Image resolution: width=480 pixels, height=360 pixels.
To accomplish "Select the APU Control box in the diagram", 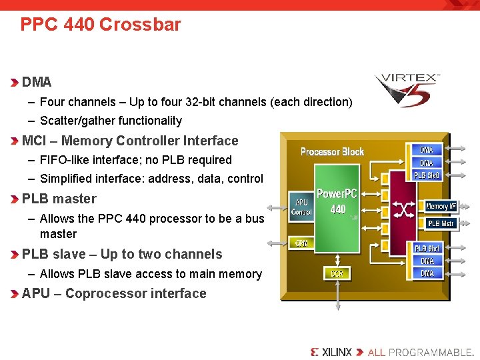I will click(301, 207).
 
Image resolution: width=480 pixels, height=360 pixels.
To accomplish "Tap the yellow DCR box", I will click(337, 273).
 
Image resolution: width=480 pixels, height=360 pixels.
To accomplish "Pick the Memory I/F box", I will click(441, 207).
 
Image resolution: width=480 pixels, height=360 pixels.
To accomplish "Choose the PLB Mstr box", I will click(441, 223).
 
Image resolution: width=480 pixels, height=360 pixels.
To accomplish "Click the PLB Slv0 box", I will click(427, 175).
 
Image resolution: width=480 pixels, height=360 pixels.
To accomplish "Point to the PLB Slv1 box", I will click(427, 249).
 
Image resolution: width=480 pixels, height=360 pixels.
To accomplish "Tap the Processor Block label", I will click(332, 151).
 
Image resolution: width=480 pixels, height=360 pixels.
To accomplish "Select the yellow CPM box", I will click(301, 243).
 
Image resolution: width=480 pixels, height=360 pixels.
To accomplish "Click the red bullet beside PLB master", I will click(15, 199).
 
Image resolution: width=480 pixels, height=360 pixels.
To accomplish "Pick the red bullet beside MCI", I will click(15, 141).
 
